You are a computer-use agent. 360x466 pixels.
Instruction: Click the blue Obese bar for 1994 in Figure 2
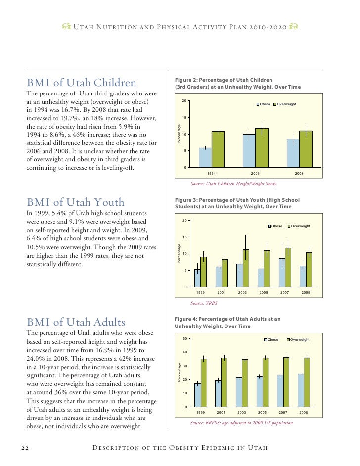[205, 157]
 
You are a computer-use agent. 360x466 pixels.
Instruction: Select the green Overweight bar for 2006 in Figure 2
[262, 148]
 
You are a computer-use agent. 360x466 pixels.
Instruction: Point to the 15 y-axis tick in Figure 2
[184, 118]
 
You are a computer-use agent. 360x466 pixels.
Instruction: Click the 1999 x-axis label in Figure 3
[200, 293]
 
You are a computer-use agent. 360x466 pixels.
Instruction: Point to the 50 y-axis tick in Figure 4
[184, 338]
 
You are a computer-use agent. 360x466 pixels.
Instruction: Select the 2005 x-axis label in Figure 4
[263, 412]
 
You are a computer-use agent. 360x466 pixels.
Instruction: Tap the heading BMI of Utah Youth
[75, 202]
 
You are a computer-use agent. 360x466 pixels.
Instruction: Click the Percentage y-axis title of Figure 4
[180, 372]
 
